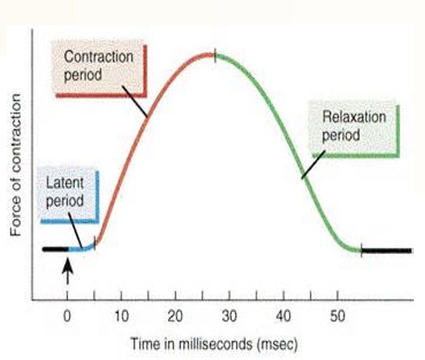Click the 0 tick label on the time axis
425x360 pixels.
tap(67, 316)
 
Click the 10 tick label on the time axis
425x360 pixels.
tap(121, 316)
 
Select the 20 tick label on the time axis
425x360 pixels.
tap(175, 316)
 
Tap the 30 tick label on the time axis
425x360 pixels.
tap(230, 316)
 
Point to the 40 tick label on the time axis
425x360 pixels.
tap(284, 316)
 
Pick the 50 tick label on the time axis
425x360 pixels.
tap(337, 316)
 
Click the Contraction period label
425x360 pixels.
tap(98, 65)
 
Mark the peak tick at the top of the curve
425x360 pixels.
tap(215, 55)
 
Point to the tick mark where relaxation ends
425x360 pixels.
tap(361, 250)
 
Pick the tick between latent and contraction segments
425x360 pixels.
tap(95, 243)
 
